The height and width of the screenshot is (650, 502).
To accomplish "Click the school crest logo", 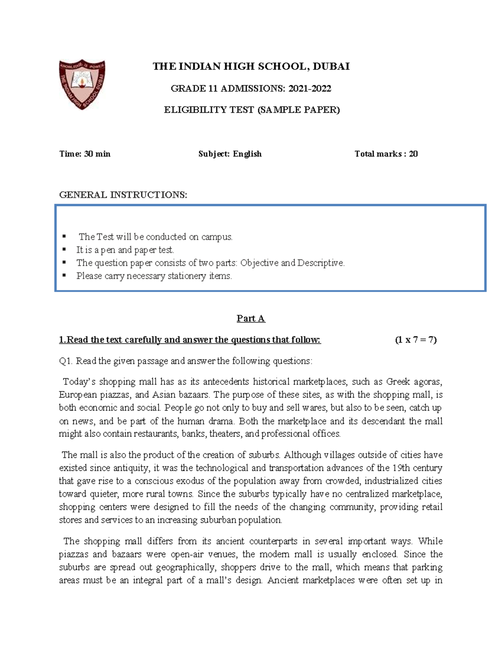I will (82, 84).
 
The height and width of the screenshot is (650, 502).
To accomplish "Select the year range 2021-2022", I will (310, 88).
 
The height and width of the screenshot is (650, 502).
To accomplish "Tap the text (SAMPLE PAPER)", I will (298, 110).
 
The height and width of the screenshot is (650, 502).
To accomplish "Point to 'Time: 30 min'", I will (85, 154).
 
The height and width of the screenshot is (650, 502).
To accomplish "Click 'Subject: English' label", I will (230, 154).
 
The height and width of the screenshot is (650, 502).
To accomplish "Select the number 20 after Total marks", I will (413, 154).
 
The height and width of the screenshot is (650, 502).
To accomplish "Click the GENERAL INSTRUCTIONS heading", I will (123, 195).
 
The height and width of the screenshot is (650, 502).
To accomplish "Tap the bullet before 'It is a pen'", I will (64, 250).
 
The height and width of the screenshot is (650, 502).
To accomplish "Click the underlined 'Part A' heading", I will (251, 319).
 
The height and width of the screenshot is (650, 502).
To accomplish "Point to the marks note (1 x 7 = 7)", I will (415, 340).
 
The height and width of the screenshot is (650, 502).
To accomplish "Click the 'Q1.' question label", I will (66, 361).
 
